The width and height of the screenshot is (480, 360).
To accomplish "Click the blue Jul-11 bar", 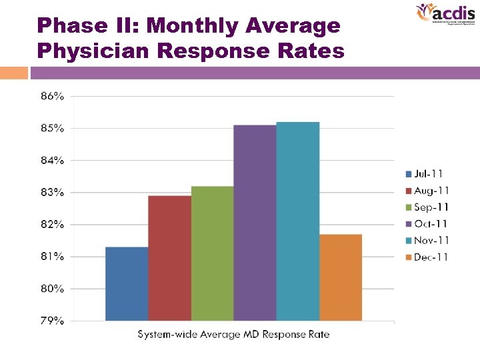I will click(127, 283).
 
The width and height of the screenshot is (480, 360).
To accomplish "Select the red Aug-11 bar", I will click(169, 258).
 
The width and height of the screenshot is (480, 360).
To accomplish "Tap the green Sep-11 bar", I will click(212, 253).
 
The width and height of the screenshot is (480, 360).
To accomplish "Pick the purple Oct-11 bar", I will click(255, 223).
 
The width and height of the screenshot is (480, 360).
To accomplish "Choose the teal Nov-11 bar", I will click(297, 221).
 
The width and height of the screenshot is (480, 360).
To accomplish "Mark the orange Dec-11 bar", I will click(341, 277).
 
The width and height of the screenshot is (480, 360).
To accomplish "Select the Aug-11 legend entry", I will click(427, 191).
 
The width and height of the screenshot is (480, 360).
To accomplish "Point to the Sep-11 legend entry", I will click(427, 207).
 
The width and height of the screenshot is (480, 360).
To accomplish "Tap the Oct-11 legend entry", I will click(427, 224).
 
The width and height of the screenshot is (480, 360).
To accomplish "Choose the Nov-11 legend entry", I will click(427, 241).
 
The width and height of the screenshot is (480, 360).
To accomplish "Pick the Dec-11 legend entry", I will click(427, 257).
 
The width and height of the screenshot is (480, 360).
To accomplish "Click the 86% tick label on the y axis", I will click(53, 96).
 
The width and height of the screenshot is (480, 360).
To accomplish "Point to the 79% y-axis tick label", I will click(53, 321).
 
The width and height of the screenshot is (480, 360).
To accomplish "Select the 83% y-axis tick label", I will click(53, 193).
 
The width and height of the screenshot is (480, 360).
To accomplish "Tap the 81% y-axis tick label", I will click(53, 257).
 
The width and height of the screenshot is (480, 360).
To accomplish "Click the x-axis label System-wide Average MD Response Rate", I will click(233, 334).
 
